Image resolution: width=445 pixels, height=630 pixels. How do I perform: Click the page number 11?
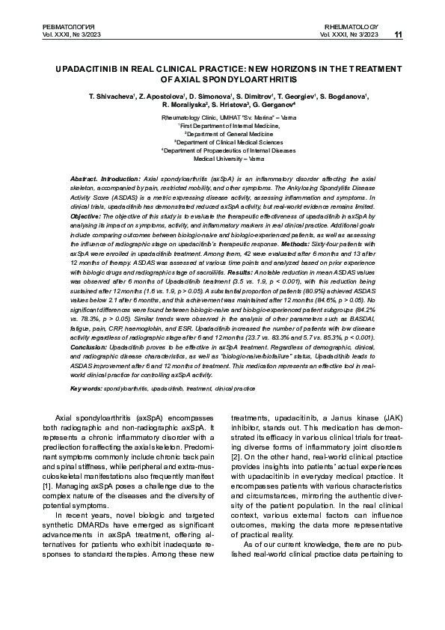398,34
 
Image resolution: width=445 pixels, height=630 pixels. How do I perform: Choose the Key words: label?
86,388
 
